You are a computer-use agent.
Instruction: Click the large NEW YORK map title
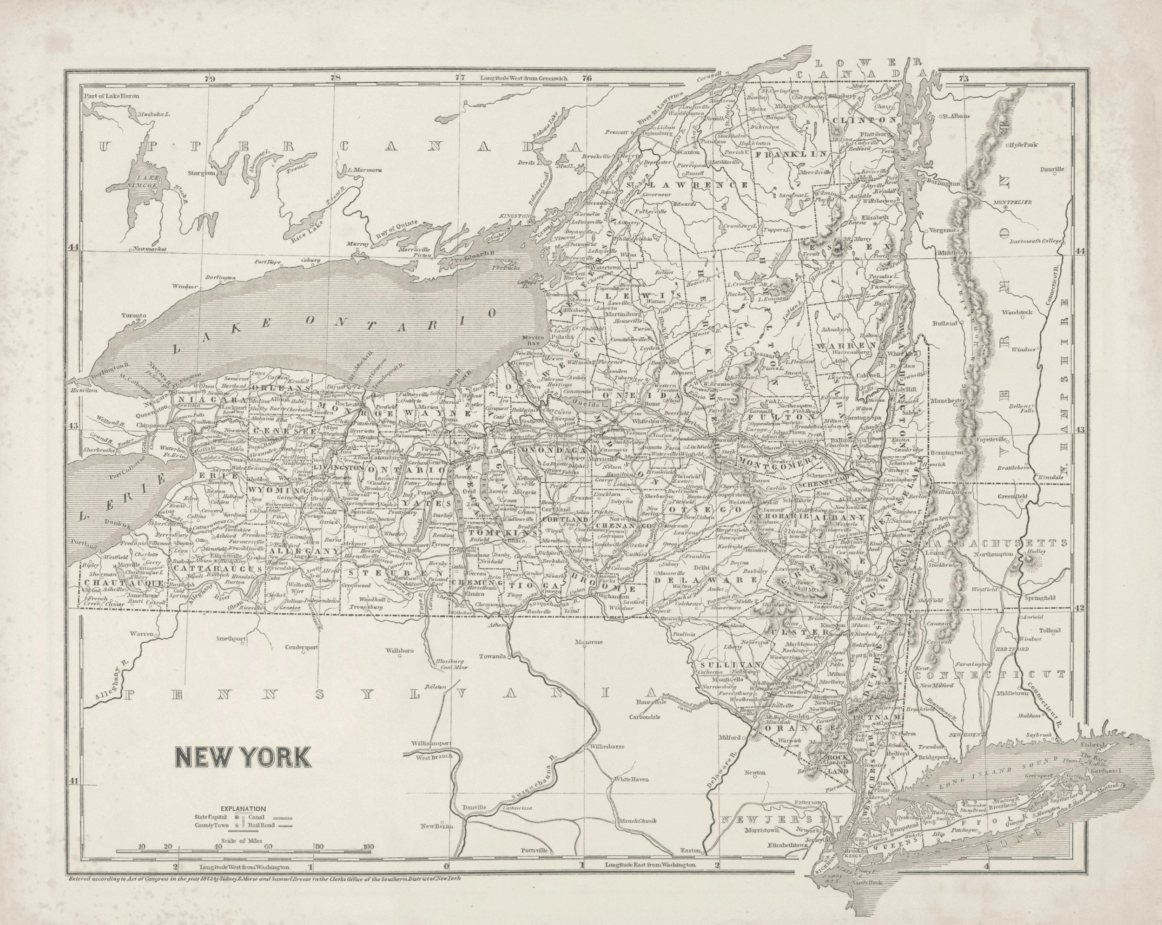(x=242, y=756)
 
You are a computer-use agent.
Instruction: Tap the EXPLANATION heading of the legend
(x=243, y=809)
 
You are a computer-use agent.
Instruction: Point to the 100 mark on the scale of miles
(x=368, y=847)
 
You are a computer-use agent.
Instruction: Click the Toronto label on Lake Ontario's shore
(x=134, y=315)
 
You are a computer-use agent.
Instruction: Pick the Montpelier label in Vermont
(x=1016, y=202)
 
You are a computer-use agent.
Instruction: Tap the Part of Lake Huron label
(x=112, y=97)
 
